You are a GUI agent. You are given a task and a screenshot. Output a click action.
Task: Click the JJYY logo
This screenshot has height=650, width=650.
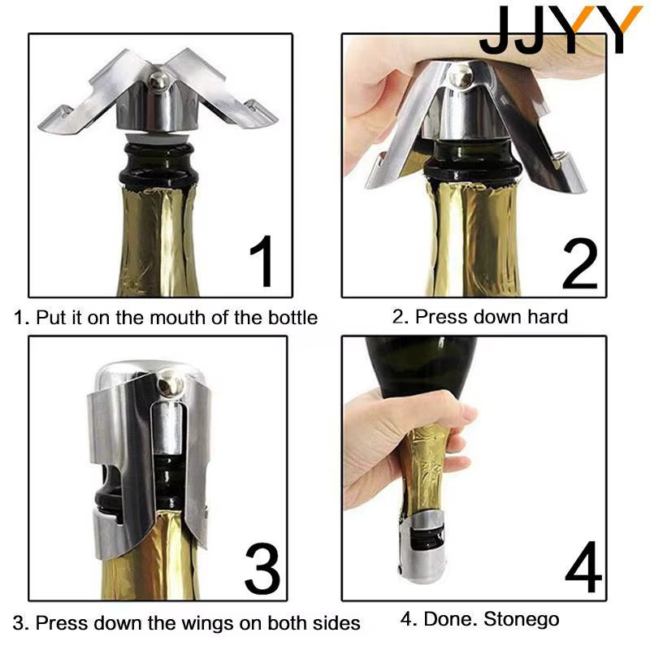tap(560, 30)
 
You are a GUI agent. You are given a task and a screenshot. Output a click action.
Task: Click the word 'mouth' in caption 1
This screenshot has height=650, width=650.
tap(144, 317)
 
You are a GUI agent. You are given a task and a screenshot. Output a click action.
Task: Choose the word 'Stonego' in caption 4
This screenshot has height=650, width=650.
tap(522, 620)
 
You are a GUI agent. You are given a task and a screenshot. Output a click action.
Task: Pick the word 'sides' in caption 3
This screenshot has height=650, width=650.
tap(336, 623)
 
